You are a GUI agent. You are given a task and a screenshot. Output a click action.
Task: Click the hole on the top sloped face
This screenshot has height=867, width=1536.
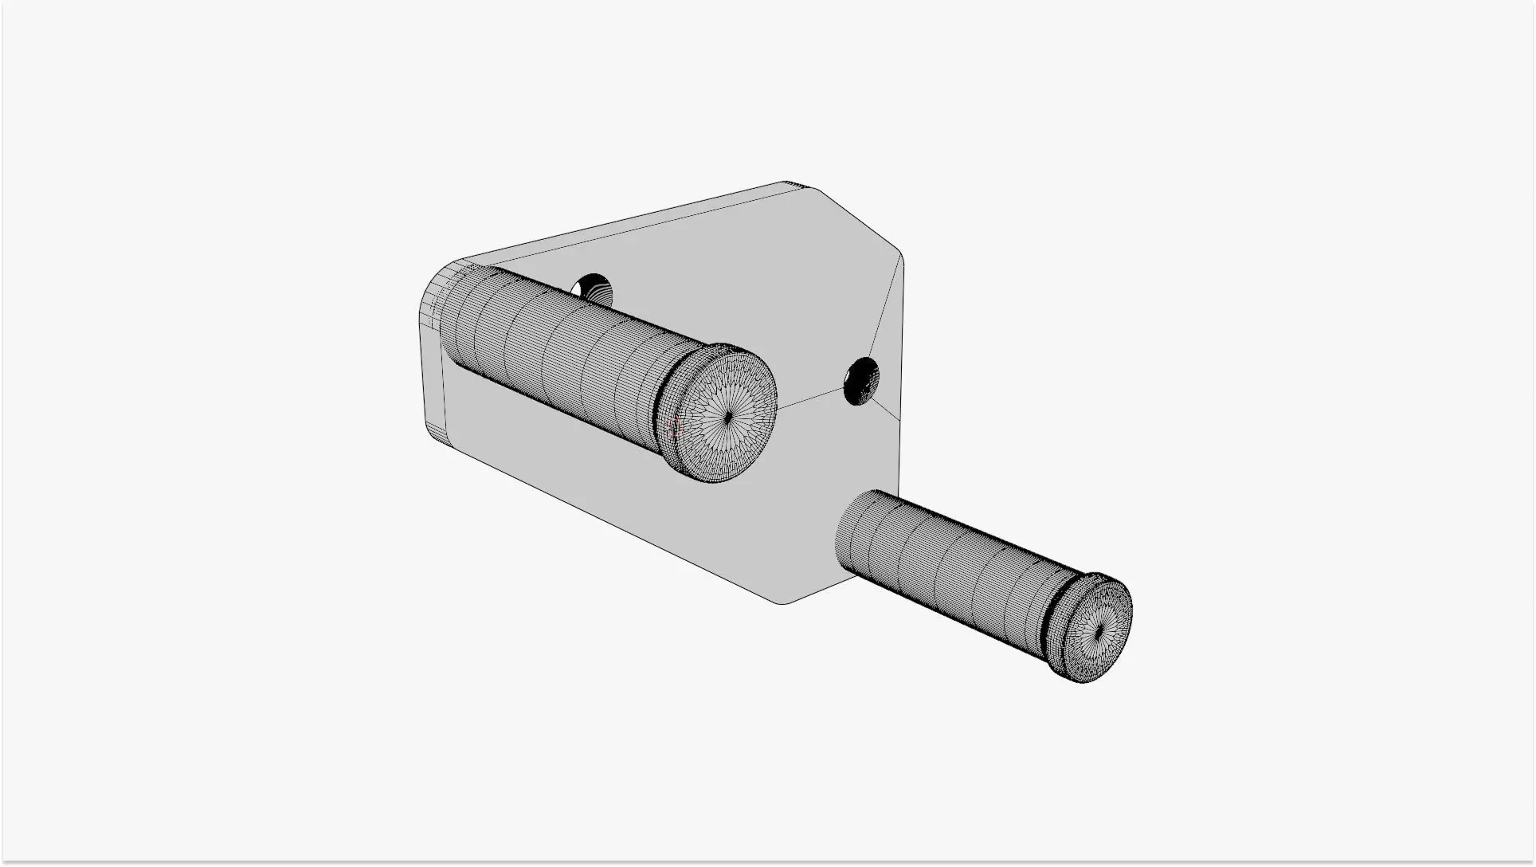click(x=592, y=287)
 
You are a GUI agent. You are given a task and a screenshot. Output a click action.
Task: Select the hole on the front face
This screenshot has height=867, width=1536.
click(x=861, y=381)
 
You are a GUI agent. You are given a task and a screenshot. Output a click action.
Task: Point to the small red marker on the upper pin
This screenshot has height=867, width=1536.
click(x=676, y=426)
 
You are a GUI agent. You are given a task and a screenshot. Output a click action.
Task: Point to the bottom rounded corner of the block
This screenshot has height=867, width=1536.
click(x=785, y=601)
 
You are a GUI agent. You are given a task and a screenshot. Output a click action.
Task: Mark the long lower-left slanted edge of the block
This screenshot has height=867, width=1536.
click(x=621, y=526)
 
